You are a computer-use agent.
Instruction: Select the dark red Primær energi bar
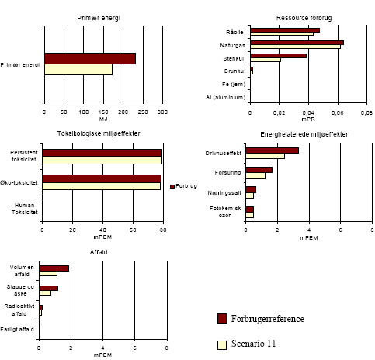pyautogui.click(x=89, y=58)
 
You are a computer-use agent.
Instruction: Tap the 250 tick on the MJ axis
pyautogui.click(x=143, y=112)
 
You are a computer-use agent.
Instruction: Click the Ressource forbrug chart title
pyautogui.click(x=308, y=16)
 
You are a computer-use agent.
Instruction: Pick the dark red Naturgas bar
pyautogui.click(x=297, y=43)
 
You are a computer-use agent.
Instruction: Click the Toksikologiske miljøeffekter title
pyautogui.click(x=103, y=133)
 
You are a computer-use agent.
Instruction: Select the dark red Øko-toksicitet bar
pyautogui.click(x=101, y=178)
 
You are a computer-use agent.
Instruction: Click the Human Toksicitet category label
pyautogui.click(x=23, y=208)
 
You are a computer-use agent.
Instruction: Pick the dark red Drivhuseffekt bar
pyautogui.click(x=273, y=151)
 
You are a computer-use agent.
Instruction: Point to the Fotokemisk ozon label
pyautogui.click(x=230, y=212)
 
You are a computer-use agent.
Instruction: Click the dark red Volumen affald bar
pyautogui.click(x=54, y=268)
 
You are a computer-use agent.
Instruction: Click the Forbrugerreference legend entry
pyautogui.click(x=269, y=319)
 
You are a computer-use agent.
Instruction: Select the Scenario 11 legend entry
pyautogui.click(x=255, y=342)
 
